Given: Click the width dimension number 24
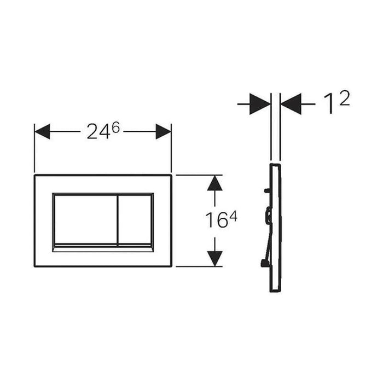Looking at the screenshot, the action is coord(98,132).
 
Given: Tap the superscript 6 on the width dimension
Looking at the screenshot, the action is coord(116,127).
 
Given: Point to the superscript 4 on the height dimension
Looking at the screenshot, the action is coord(233,216).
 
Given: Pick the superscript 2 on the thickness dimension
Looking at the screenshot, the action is coord(344,98).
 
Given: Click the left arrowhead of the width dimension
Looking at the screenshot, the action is coord(42,131).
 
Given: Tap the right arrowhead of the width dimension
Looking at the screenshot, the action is coord(164,131).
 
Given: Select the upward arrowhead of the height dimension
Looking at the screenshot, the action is coord(214,183).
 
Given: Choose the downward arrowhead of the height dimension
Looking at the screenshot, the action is coord(214,259).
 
